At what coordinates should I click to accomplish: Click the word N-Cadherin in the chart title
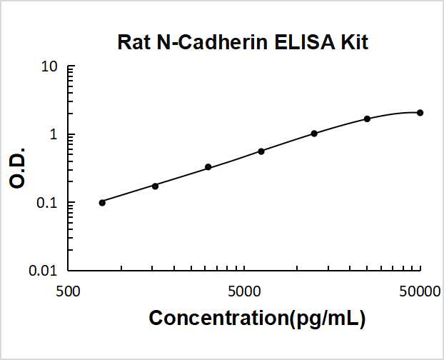[x=203, y=43]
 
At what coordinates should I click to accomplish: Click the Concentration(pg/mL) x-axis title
[x=257, y=319]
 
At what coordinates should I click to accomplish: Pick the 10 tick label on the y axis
[x=49, y=67]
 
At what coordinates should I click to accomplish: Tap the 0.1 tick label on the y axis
[x=47, y=203]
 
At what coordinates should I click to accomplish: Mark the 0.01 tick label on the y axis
[x=44, y=271]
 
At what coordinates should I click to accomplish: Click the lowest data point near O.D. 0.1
[x=102, y=202]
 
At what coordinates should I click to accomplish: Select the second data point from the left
[x=155, y=186]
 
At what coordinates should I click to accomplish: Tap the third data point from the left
[x=208, y=167]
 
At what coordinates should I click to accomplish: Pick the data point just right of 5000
[x=261, y=151]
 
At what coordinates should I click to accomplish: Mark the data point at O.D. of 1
[x=314, y=134]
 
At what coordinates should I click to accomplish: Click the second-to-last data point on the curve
[x=368, y=119]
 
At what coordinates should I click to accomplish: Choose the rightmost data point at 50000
[x=420, y=113]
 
